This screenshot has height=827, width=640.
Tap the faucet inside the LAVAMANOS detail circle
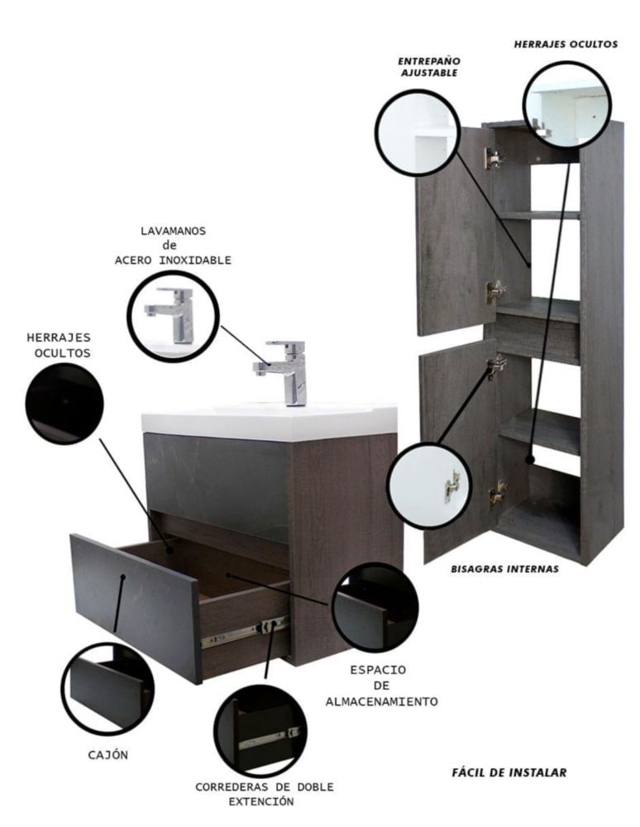pos(172,315)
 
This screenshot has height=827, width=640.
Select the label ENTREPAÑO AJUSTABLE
pos(429,67)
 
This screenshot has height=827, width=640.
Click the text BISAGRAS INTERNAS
pos(504,569)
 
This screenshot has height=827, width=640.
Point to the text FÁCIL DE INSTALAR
pos(509,772)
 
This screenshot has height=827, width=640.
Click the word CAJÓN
pos(108,755)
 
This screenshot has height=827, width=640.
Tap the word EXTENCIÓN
pos(261,801)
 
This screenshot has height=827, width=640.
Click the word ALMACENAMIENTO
pos(382,702)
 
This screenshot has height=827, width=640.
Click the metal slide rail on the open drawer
pos(245,631)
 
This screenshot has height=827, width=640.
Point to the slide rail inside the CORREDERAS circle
pos(270,739)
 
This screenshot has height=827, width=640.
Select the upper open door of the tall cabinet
pos(456,232)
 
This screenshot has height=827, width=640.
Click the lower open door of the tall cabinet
pos(459,453)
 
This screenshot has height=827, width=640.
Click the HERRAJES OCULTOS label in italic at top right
pos(566,45)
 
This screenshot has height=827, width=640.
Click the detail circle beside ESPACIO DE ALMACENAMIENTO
pos(375,607)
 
